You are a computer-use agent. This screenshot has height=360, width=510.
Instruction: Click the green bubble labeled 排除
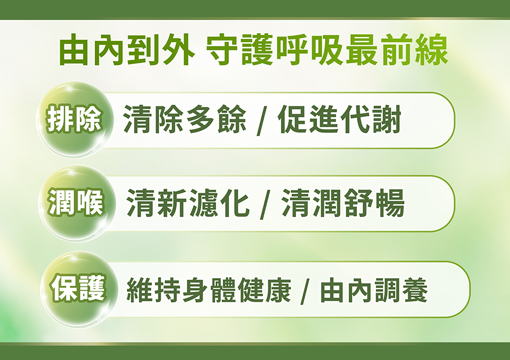coord(74,120)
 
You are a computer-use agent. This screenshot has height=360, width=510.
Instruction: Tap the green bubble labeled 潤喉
coord(76,203)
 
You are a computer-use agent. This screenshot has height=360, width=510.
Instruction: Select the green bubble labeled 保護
coord(78,289)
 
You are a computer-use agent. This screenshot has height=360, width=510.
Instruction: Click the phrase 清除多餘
coord(185,120)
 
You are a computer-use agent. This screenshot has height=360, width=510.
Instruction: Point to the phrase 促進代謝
coord(339,120)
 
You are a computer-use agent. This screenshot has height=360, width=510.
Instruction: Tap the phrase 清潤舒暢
coord(343,203)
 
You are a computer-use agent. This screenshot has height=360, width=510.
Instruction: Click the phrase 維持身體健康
coord(209,290)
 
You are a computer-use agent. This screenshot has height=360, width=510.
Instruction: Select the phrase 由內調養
coord(374,290)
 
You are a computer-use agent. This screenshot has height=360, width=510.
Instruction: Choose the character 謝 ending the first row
coord(386,120)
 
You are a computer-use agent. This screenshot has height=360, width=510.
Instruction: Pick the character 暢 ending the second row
coord(390,203)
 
